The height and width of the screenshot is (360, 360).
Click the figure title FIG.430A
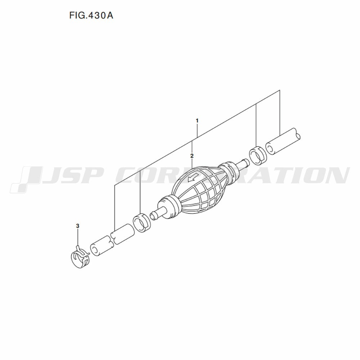(91, 15)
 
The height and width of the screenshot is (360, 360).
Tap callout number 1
(197, 120)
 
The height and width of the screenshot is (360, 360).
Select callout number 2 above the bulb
(192, 156)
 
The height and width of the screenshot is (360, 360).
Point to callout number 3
(78, 226)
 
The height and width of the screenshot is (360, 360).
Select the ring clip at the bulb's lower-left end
(141, 222)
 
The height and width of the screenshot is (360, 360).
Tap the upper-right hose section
(283, 141)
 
